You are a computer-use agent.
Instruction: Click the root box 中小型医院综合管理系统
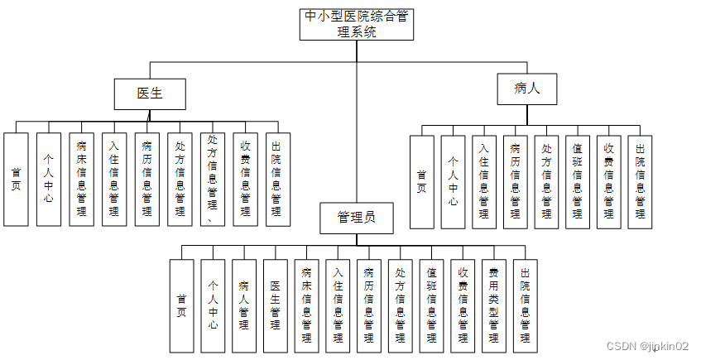point(357,25)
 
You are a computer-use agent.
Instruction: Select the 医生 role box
point(150,94)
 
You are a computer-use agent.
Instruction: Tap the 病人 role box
point(526,88)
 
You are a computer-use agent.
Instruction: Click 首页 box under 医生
point(17,179)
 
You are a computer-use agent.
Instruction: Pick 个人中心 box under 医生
point(49,179)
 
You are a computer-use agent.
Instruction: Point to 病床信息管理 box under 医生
point(82,179)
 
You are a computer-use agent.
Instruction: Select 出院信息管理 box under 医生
point(277,179)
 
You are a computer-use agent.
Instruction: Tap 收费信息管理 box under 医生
point(245,179)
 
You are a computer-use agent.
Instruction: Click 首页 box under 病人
point(422,182)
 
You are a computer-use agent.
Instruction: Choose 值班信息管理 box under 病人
point(578,182)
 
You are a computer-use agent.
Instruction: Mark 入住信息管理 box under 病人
point(484,182)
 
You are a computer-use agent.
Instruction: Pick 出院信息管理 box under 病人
point(640,182)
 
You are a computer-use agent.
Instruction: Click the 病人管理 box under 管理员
point(244,306)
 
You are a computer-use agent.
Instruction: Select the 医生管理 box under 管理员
point(276,306)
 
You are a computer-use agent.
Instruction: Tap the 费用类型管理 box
point(493,306)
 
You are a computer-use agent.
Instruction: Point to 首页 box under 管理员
point(181,306)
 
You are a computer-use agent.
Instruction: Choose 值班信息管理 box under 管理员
point(431,306)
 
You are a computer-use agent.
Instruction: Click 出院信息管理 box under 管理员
point(525,306)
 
